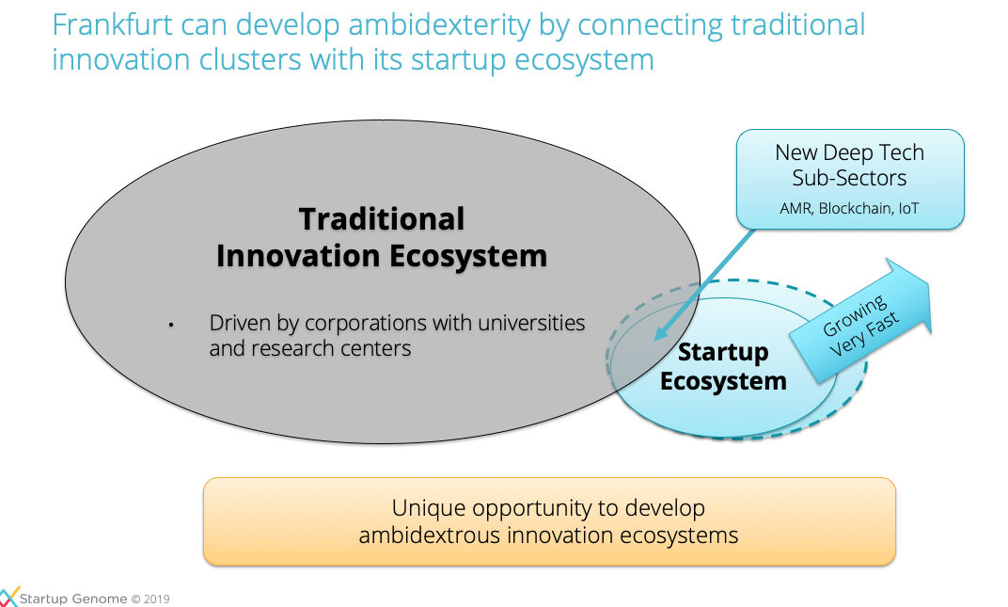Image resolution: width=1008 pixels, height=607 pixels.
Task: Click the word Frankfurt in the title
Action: tap(113, 25)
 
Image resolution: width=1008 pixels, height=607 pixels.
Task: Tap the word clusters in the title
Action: tap(250, 60)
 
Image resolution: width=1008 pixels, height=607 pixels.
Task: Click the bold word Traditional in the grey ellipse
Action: tap(382, 219)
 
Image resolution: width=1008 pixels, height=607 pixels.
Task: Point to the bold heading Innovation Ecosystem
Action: tap(382, 257)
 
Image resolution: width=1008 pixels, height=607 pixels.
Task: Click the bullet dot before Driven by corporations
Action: tap(171, 325)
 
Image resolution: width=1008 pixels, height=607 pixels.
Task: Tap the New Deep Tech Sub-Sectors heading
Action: tap(849, 165)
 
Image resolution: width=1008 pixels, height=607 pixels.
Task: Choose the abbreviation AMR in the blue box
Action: tap(795, 209)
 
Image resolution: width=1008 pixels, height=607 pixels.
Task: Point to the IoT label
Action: tap(908, 209)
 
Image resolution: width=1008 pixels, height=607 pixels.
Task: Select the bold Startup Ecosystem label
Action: tap(723, 367)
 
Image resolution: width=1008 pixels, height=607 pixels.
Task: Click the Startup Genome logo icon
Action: tap(8, 596)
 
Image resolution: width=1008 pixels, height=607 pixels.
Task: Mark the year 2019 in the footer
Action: tap(157, 599)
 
